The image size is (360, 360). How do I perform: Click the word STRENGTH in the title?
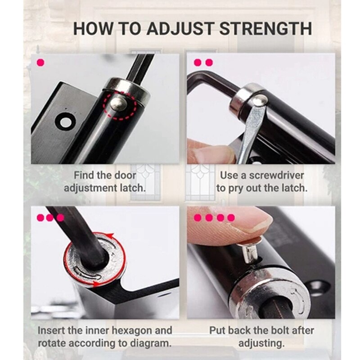click(265, 29)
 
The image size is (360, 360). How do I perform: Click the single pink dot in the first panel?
click(40, 62)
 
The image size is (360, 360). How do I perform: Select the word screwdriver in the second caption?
click(276, 175)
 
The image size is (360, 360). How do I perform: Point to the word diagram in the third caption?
click(151, 343)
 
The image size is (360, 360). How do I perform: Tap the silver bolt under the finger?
click(251, 253)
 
